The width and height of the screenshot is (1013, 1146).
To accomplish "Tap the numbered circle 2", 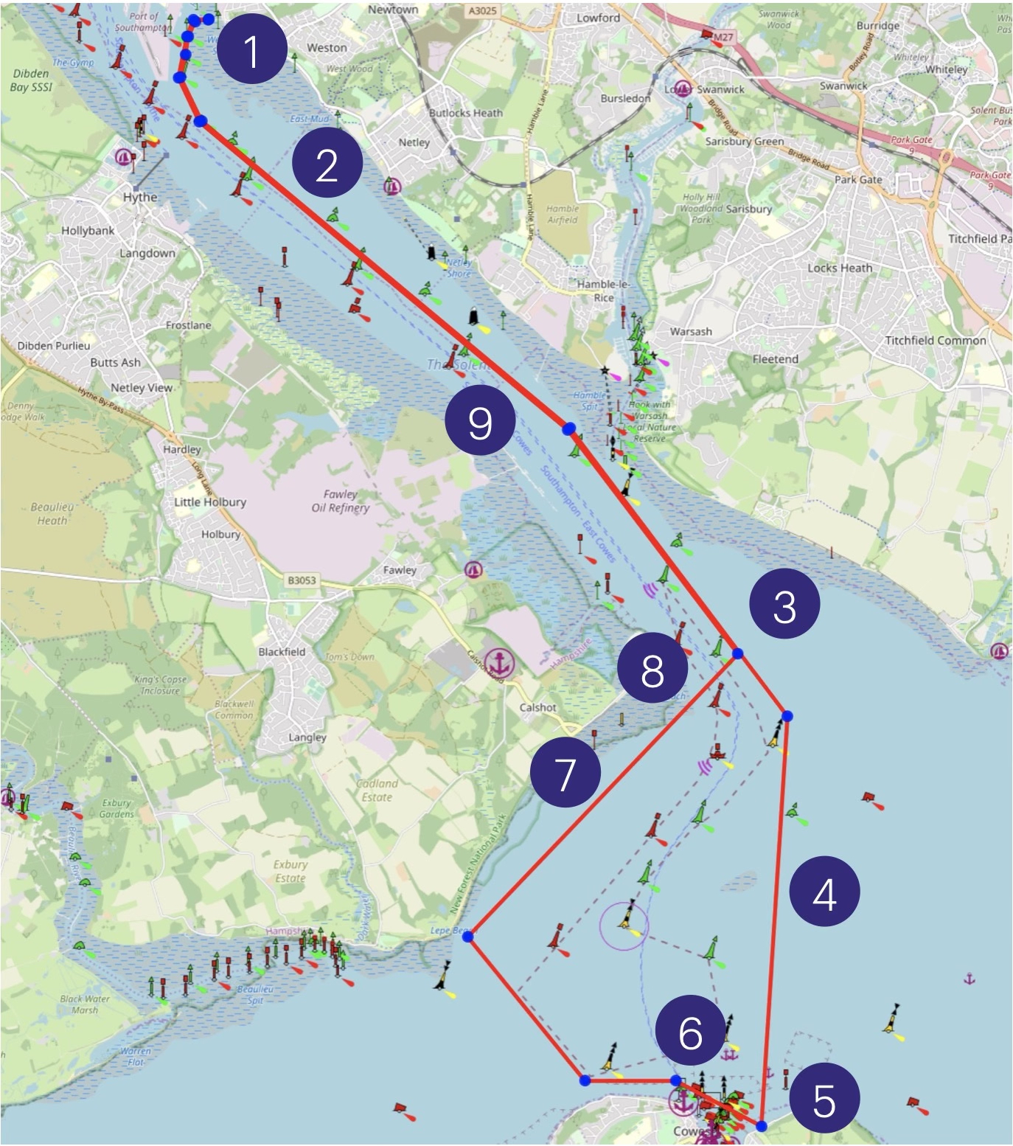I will pyautogui.click(x=327, y=164).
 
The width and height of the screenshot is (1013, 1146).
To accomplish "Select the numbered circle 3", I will pyautogui.click(x=784, y=605).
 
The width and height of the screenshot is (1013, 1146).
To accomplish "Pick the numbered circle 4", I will pyautogui.click(x=824, y=894).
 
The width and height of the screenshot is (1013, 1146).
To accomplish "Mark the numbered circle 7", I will pyautogui.click(x=565, y=774).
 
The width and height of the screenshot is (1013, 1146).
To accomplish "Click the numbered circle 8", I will pyautogui.click(x=652, y=670).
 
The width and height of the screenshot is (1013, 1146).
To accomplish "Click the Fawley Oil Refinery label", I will pyautogui.click(x=340, y=501).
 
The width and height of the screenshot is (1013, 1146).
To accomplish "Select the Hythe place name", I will pyautogui.click(x=140, y=197).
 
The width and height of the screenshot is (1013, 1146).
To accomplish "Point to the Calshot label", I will pyautogui.click(x=537, y=707).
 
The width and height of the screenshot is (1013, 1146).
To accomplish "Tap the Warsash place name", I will pyautogui.click(x=691, y=332).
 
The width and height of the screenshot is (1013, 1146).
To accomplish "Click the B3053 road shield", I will pyautogui.click(x=302, y=580).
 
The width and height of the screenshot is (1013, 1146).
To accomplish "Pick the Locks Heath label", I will pyautogui.click(x=839, y=268).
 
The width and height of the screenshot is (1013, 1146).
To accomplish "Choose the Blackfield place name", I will pyautogui.click(x=282, y=652).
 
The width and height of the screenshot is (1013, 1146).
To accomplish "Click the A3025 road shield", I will pyautogui.click(x=482, y=11).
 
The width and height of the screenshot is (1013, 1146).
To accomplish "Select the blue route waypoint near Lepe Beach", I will pyautogui.click(x=467, y=935).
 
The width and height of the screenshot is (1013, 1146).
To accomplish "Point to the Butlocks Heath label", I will pyautogui.click(x=466, y=113).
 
